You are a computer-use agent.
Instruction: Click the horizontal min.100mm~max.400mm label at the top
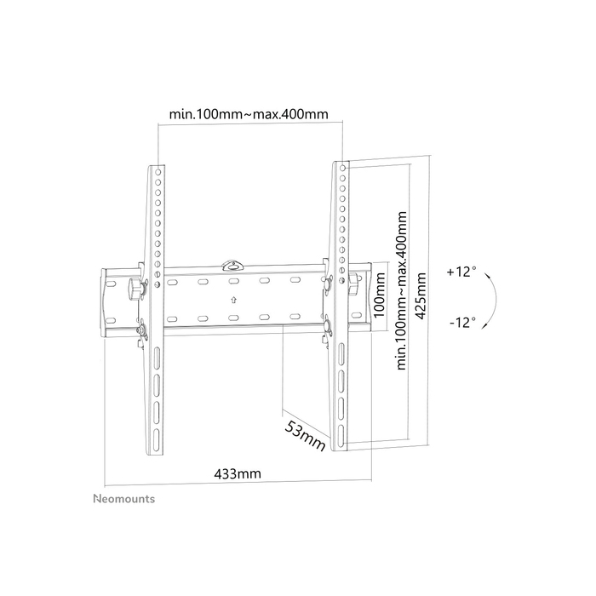coord(249,113)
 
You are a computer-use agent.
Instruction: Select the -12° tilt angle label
coord(461,324)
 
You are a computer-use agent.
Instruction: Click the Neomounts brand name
coord(123,499)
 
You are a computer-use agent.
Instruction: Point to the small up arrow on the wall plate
coord(233,299)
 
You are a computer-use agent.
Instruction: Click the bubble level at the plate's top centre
coord(233,266)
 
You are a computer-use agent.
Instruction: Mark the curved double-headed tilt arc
coord(492,297)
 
